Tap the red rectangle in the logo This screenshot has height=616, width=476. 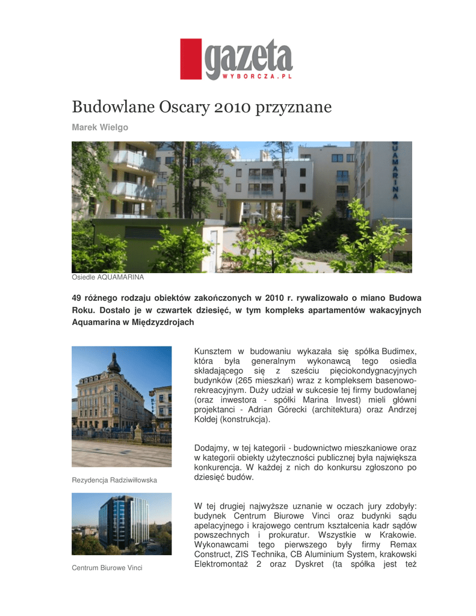point(191,60)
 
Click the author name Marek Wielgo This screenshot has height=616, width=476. point(100,128)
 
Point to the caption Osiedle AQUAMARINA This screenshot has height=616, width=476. point(108,277)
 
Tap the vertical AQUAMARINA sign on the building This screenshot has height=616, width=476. point(395,171)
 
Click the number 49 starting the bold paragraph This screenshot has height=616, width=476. point(76,298)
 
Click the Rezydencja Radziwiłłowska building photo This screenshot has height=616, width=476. point(122,406)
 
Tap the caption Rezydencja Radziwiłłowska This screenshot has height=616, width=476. point(114,480)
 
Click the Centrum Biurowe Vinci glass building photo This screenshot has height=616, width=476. point(122,523)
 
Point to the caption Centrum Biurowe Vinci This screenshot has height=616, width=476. point(107,568)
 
